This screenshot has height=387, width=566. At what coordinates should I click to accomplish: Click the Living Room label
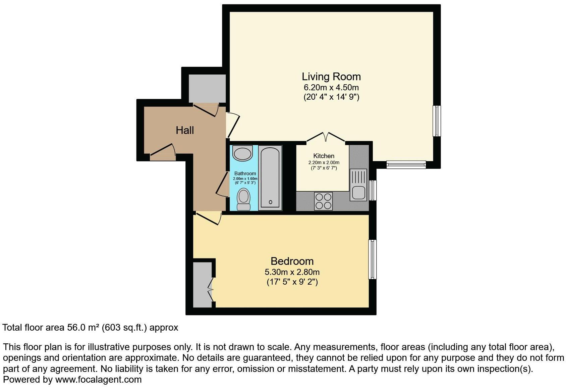click(x=331, y=77)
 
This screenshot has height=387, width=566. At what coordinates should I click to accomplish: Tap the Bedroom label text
click(x=292, y=261)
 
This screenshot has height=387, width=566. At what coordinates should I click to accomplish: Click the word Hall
click(x=185, y=130)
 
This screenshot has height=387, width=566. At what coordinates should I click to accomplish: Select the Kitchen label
click(x=324, y=156)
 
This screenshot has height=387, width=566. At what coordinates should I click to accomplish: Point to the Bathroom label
click(x=245, y=174)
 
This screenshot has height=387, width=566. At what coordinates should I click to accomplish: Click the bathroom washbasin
click(x=242, y=153)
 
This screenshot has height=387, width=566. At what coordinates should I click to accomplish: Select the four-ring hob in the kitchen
click(x=323, y=201)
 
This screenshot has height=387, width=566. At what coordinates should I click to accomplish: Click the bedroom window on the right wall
click(x=372, y=259)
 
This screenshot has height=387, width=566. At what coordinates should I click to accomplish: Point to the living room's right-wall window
click(x=436, y=121)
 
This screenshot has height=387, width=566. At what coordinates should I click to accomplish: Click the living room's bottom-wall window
click(x=406, y=164)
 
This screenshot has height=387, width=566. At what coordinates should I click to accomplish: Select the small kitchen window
click(x=373, y=190)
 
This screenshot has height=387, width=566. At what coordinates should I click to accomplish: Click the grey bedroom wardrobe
click(x=202, y=285)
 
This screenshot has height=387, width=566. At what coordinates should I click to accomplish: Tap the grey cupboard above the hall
click(x=207, y=88)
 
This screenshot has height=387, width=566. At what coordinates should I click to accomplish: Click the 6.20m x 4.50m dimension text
click(x=331, y=88)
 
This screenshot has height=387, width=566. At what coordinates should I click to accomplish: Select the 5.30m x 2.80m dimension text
click(x=292, y=272)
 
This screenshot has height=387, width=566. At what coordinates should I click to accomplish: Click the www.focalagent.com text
click(x=98, y=380)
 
